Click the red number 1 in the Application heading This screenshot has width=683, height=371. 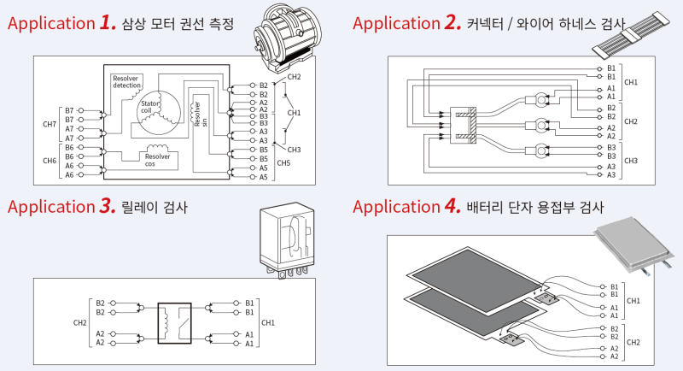click(x=108, y=22)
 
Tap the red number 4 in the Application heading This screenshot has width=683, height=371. click(x=452, y=206)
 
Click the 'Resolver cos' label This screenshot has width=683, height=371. click(x=156, y=160)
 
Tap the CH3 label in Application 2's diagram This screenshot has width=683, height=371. click(x=631, y=161)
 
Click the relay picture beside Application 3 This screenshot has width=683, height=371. click(x=288, y=241)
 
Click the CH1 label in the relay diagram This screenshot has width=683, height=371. click(x=267, y=323)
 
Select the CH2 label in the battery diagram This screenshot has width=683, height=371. click(x=633, y=342)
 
